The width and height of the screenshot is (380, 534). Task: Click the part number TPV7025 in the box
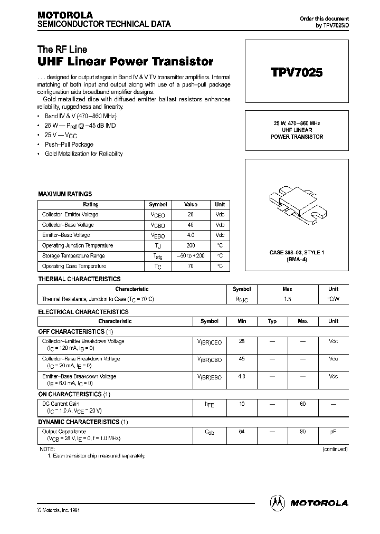296,73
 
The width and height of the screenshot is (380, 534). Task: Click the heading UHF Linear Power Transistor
126,62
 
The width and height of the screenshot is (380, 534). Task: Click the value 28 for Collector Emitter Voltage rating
190,215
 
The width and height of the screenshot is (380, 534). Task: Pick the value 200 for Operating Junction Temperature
190,245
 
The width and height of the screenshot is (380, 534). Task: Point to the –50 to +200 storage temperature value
191,256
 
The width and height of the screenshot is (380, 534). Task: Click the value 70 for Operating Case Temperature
190,266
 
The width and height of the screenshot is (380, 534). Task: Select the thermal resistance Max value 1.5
288,299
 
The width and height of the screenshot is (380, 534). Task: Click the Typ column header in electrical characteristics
272,321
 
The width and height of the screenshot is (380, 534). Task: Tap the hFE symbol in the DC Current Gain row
209,404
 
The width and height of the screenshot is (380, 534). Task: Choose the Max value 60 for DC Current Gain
303,404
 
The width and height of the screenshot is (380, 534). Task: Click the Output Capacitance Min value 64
242,432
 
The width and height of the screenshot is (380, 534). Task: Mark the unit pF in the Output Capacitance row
333,432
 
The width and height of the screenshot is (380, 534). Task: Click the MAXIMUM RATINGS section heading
65,194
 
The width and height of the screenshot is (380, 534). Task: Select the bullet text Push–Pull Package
69,145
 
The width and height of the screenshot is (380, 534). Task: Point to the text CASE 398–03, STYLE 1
296,253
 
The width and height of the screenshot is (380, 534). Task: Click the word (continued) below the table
335,449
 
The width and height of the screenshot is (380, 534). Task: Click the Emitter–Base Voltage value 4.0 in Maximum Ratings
190,235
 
